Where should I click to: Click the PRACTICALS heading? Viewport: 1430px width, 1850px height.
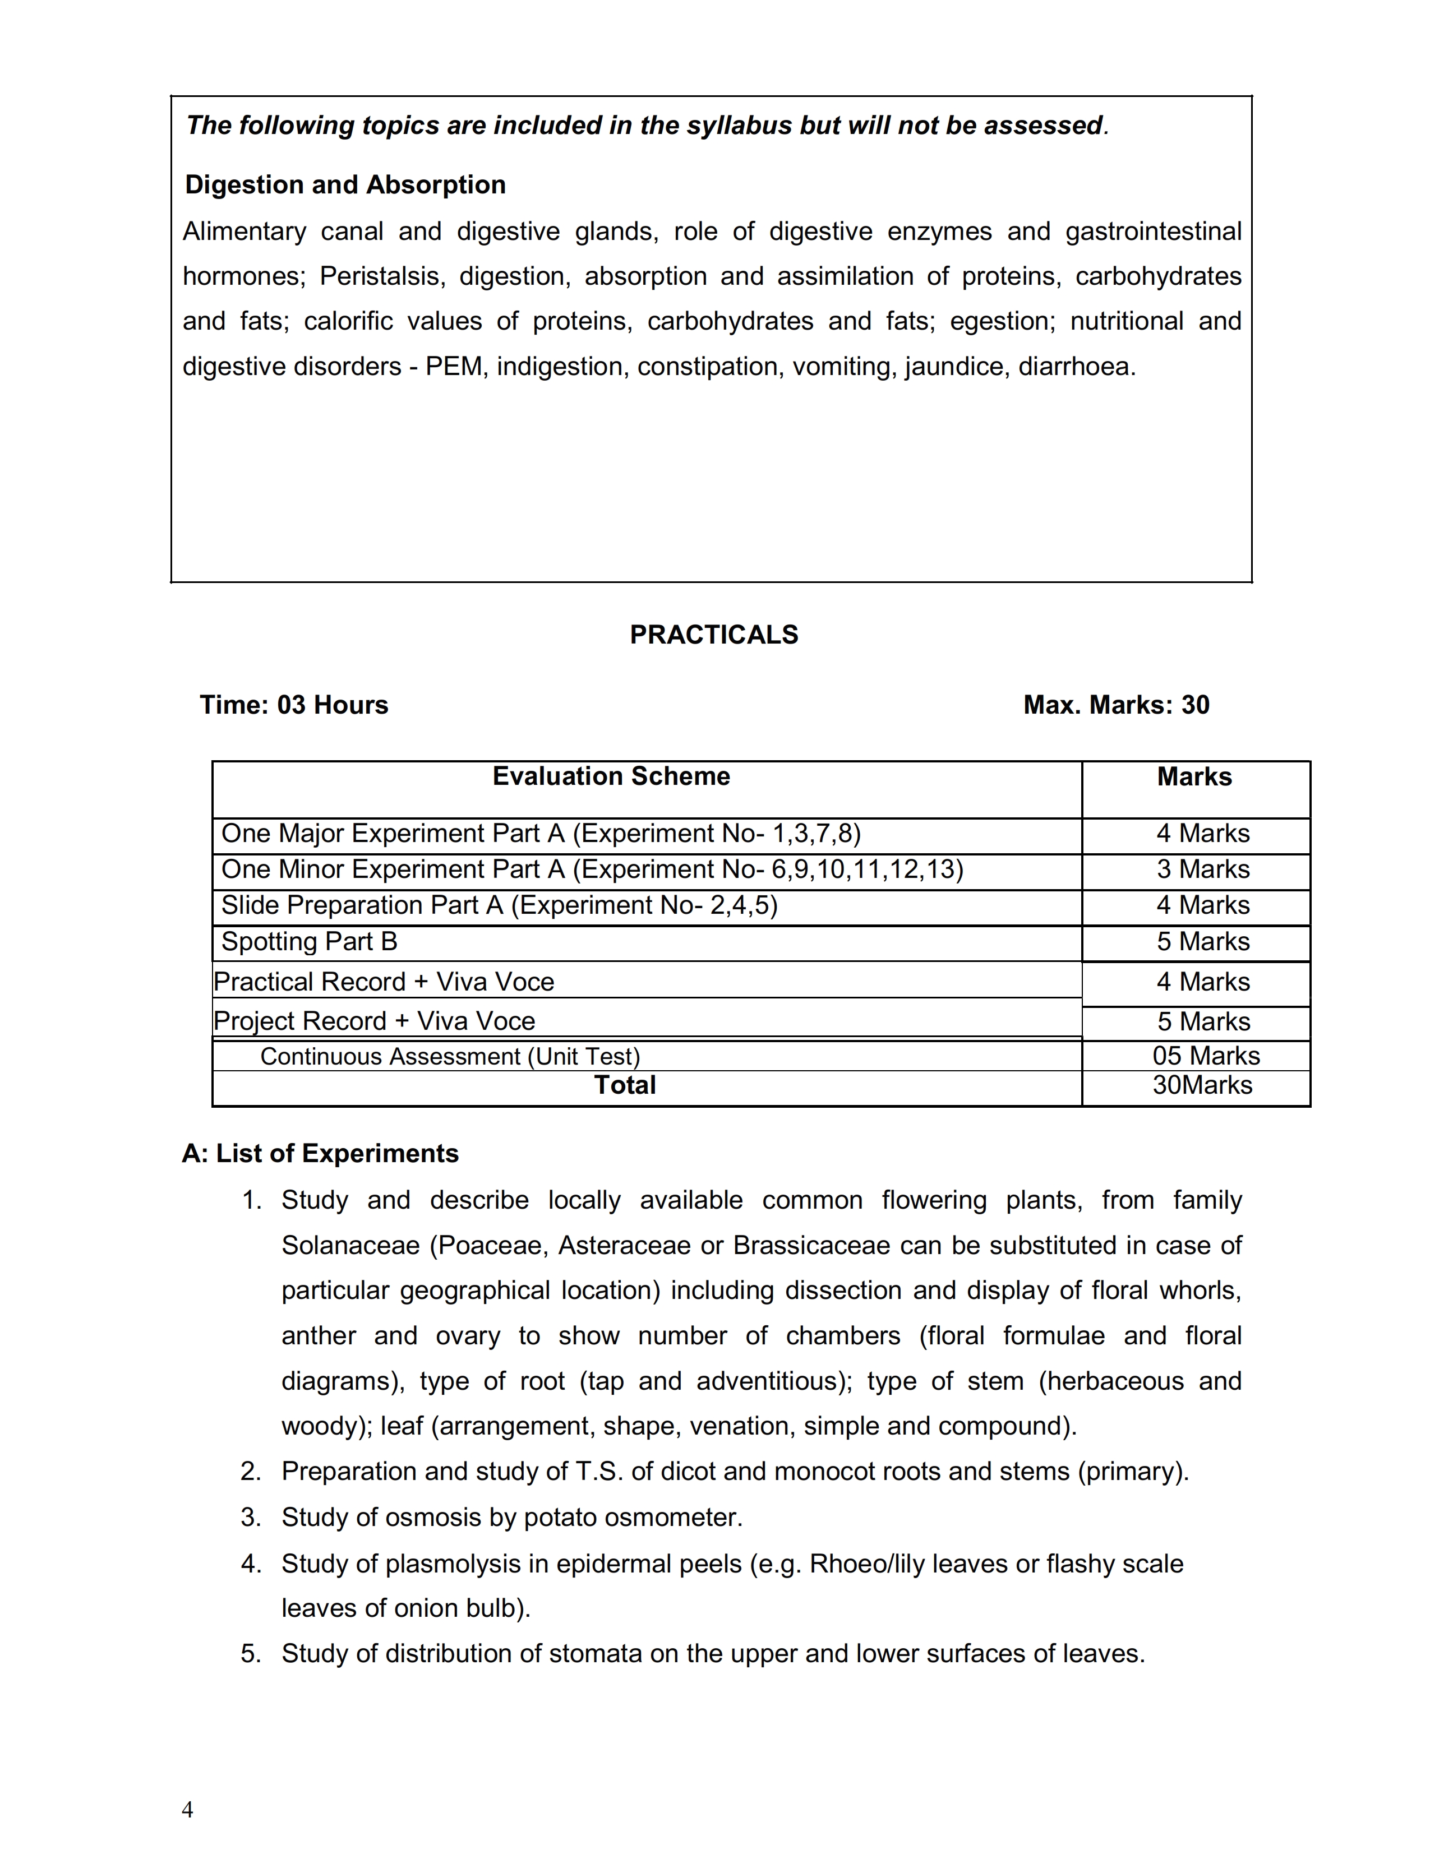point(713,635)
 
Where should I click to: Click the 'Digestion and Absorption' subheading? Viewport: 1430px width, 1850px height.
point(345,184)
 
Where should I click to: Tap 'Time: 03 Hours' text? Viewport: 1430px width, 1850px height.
point(293,705)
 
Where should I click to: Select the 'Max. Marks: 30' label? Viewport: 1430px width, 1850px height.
point(1116,705)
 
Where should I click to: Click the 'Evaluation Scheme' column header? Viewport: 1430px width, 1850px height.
point(611,777)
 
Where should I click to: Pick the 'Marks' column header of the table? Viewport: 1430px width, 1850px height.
point(1194,777)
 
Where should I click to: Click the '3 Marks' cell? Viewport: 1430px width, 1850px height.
point(1203,870)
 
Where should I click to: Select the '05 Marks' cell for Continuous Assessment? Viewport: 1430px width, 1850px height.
point(1206,1056)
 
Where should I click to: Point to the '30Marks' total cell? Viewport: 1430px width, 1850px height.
point(1202,1086)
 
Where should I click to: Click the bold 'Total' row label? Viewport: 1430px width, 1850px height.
point(625,1086)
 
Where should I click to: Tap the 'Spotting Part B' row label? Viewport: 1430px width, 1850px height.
point(309,942)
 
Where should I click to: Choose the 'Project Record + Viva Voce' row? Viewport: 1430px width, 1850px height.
point(375,1021)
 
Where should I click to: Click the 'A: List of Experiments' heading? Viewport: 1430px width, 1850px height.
point(320,1154)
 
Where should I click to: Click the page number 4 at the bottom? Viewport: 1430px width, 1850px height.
point(187,1810)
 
